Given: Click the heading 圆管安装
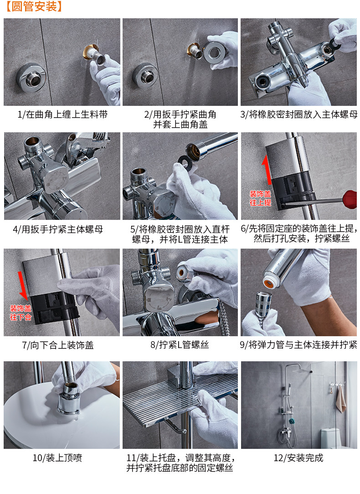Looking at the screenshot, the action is coord(34,6).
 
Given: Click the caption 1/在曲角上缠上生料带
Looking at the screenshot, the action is coord(62,114).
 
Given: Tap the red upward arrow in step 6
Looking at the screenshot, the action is coord(267,170).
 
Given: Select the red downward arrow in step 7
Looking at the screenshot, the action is coord(23,286).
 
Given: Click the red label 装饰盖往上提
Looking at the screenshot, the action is coord(260,198).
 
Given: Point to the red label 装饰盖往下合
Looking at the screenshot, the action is coord(21,312).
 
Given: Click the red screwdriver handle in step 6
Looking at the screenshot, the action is coord(350,199).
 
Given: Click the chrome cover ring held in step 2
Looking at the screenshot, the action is coord(214,52).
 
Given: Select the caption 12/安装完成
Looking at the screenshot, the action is coord(298,458).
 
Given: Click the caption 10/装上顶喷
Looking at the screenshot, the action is coord(57,458).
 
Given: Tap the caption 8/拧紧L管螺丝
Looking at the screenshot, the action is coord(180,345).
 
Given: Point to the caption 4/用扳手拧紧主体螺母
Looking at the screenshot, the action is coord(58,229).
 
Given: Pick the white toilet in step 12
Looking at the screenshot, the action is coord(330,438).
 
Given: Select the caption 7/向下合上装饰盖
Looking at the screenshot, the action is coord(58,345).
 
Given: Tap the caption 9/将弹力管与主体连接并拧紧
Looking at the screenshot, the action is coord(298,345).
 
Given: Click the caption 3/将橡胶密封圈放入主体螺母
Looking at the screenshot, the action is coord(299,114).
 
